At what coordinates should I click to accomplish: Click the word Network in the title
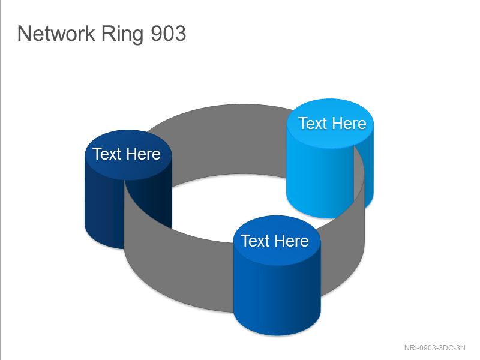[x=56, y=33]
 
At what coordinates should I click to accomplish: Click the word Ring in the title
[x=122, y=34]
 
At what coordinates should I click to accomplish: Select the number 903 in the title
[x=169, y=33]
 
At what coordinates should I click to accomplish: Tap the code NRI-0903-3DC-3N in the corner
[x=434, y=348]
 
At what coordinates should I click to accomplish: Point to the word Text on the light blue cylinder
[x=313, y=124]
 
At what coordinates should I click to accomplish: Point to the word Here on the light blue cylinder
[x=349, y=124]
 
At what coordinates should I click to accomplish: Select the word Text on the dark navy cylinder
[x=107, y=154]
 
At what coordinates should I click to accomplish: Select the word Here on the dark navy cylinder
[x=143, y=154]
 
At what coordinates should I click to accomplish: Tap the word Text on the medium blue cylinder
[x=255, y=241]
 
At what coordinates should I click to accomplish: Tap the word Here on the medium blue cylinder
[x=292, y=241]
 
